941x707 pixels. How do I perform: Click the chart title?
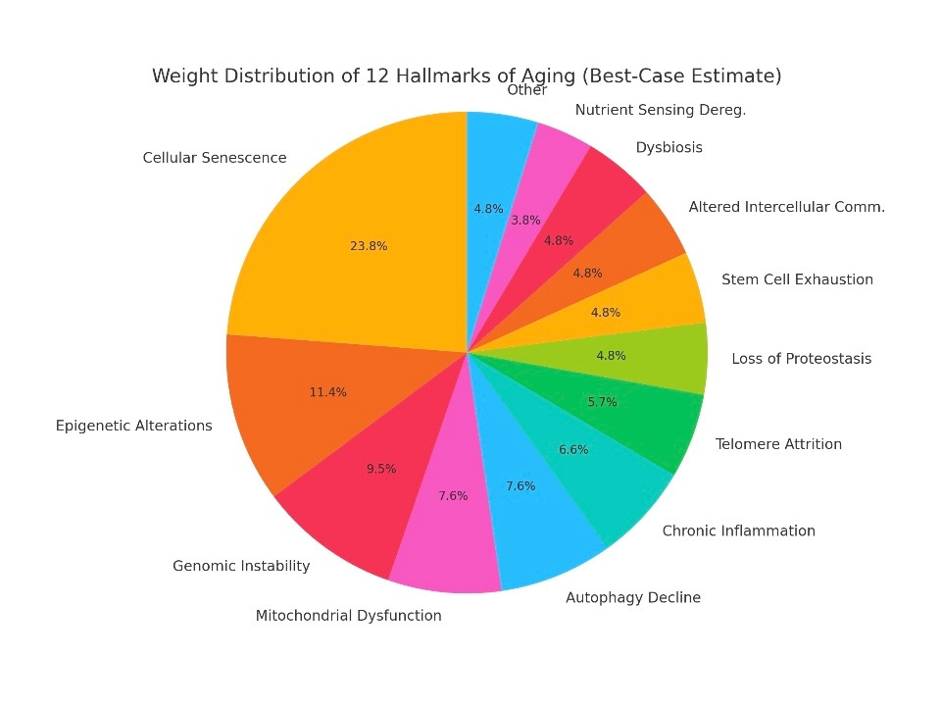tap(467, 76)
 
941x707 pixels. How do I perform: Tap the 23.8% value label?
tap(369, 246)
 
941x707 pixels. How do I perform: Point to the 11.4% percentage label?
tap(327, 392)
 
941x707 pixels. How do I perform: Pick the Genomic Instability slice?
tap(353, 490)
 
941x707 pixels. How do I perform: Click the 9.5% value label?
tap(381, 469)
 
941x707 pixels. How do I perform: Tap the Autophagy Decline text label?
tap(633, 597)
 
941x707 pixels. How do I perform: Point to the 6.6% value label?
tap(573, 449)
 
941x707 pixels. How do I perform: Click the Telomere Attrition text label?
tap(778, 444)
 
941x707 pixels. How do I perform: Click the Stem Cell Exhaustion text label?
tap(797, 279)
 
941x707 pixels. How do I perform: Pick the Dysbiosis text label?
tap(669, 148)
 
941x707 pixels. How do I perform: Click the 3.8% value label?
tap(525, 221)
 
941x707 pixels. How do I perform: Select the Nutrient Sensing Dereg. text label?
tap(660, 110)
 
